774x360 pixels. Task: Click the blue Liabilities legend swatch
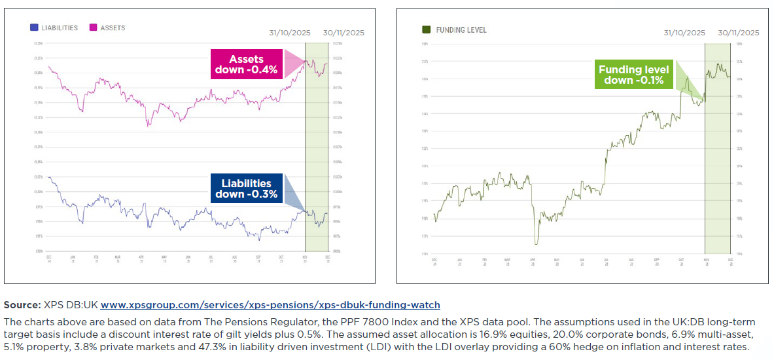click(x=34, y=27)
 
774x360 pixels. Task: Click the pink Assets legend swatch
click(x=93, y=27)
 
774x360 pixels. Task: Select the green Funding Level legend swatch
click(x=427, y=29)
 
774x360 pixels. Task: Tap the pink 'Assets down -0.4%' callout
click(x=245, y=64)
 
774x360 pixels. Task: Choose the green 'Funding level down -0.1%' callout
click(x=634, y=75)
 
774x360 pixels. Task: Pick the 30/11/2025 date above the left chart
click(x=343, y=33)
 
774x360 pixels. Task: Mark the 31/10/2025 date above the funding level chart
click(x=684, y=33)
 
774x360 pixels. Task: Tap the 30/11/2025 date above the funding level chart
click(x=738, y=33)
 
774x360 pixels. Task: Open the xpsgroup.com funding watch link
click(x=270, y=305)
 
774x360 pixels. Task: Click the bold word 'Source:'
click(x=22, y=305)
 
